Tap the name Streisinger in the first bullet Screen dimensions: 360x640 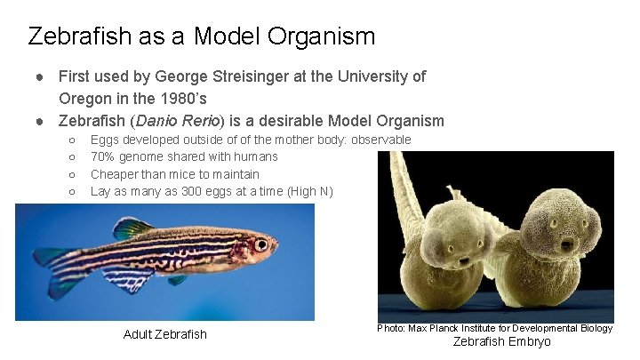[260, 76]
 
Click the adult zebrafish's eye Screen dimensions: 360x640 [260, 244]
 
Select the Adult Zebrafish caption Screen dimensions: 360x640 [164, 334]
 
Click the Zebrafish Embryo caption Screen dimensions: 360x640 [502, 342]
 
